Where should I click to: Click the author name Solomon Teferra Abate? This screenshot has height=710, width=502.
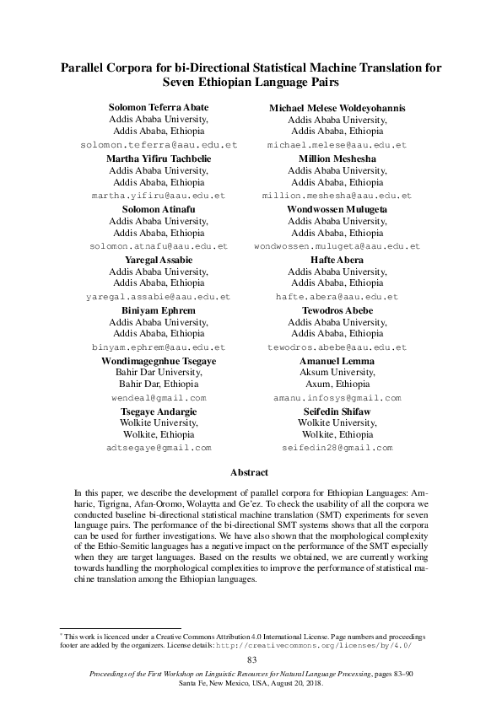point(159,108)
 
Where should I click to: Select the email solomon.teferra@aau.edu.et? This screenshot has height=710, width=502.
point(159,145)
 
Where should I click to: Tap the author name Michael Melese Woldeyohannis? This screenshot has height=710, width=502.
point(337,108)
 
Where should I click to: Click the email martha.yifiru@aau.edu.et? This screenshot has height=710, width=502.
point(159,196)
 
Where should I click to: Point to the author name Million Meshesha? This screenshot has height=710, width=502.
point(337,159)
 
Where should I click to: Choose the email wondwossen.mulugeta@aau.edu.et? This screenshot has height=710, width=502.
point(337,246)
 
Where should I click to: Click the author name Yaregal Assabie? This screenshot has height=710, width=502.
point(159,260)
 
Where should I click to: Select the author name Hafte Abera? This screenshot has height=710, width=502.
point(337,260)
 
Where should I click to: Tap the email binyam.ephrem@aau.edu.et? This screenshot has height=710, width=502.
point(159,347)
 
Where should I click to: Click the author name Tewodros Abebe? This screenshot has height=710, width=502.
point(337,310)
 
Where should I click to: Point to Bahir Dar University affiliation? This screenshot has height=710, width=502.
point(159,373)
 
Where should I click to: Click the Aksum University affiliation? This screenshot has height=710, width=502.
point(337,373)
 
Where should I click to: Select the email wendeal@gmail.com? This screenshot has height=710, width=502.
point(159,397)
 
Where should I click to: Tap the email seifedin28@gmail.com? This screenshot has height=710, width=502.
point(337,448)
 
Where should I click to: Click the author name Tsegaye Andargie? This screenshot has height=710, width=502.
point(159,411)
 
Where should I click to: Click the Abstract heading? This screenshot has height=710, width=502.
point(251,473)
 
